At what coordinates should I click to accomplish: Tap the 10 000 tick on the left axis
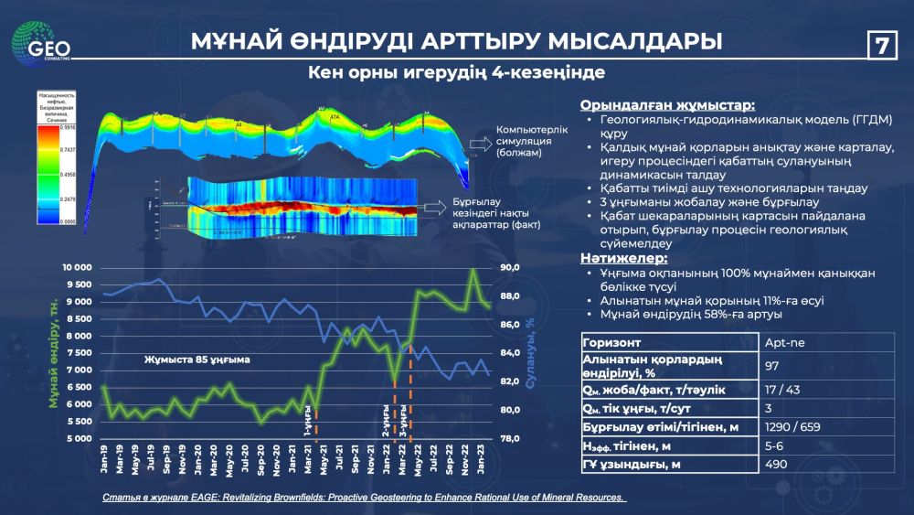click(x=77, y=268)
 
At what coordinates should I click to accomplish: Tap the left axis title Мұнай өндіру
click(x=54, y=353)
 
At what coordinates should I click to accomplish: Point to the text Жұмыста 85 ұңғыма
click(x=197, y=359)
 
